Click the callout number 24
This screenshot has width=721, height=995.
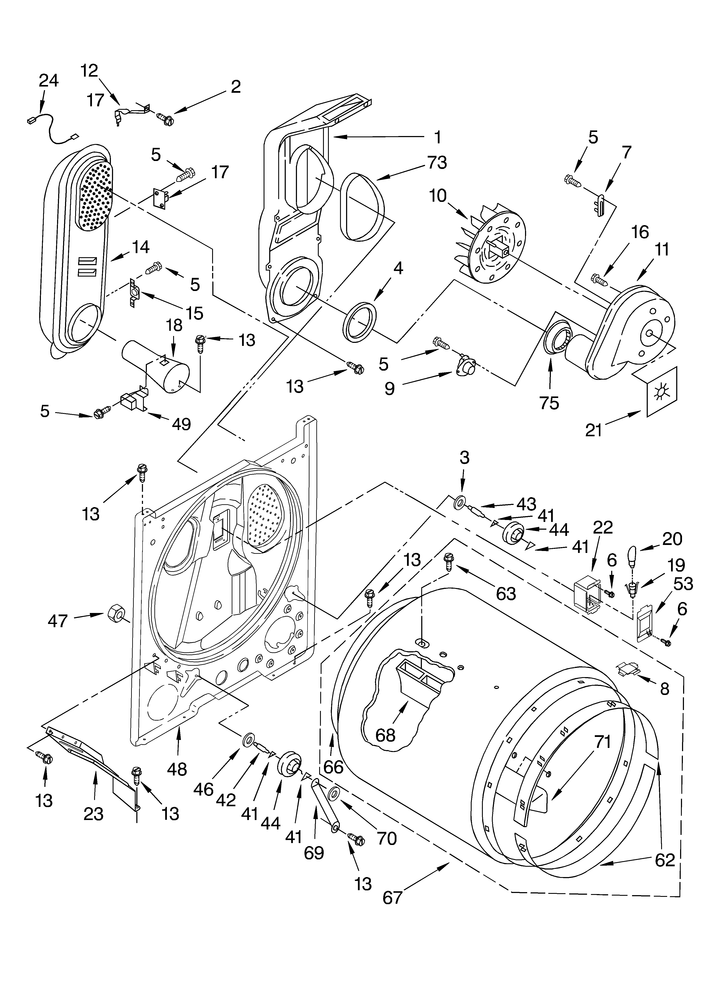(48, 81)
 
